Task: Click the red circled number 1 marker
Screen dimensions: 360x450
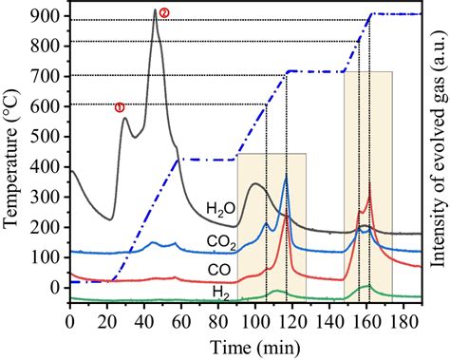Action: pyautogui.click(x=120, y=107)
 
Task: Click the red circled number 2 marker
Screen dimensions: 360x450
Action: pyautogui.click(x=164, y=12)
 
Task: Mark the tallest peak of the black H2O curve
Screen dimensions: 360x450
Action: pyautogui.click(x=155, y=10)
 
